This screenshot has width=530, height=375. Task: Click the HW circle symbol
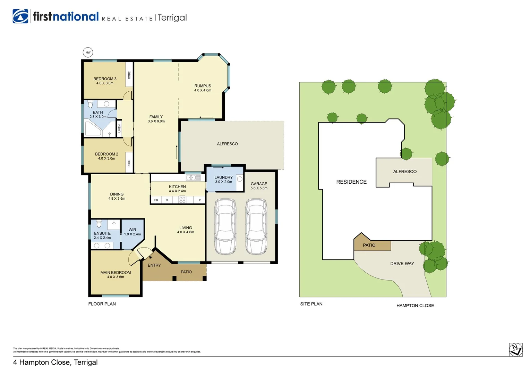(88, 52)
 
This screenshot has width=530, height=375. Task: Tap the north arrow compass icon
(516, 349)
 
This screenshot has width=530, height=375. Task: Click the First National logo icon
(20, 16)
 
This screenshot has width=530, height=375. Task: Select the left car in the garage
(225, 226)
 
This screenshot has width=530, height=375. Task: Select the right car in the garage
(256, 226)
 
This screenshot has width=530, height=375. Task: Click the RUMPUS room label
(203, 86)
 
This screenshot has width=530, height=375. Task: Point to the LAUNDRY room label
(223, 177)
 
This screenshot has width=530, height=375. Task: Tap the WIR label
(132, 230)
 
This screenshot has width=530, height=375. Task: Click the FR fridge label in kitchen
(156, 200)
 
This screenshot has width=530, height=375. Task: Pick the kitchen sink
(193, 178)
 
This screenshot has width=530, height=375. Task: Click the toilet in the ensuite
(99, 223)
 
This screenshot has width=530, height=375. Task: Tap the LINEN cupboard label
(120, 128)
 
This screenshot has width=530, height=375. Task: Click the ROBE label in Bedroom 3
(129, 75)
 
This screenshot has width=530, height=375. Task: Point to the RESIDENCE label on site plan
(351, 182)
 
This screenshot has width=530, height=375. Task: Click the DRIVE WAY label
(402, 264)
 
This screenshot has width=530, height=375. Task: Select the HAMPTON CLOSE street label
(415, 306)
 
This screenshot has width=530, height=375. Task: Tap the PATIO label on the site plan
(369, 245)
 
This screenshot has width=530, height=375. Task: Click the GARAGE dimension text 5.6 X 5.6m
(259, 188)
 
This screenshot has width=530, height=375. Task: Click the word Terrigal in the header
(172, 18)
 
